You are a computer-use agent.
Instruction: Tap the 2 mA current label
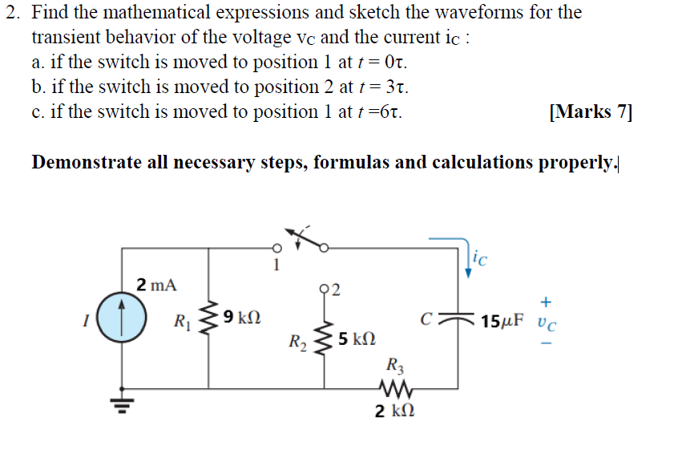pos(156,284)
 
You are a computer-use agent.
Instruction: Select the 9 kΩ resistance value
pos(242,318)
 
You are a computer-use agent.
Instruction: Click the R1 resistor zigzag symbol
pos(210,318)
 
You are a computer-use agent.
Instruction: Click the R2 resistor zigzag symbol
pos(324,339)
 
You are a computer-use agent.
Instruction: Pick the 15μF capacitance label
pos(505,322)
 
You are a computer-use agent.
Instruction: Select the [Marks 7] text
pos(591,111)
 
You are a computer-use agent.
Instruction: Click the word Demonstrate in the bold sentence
pos(83,163)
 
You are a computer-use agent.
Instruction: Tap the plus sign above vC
pos(546,302)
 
